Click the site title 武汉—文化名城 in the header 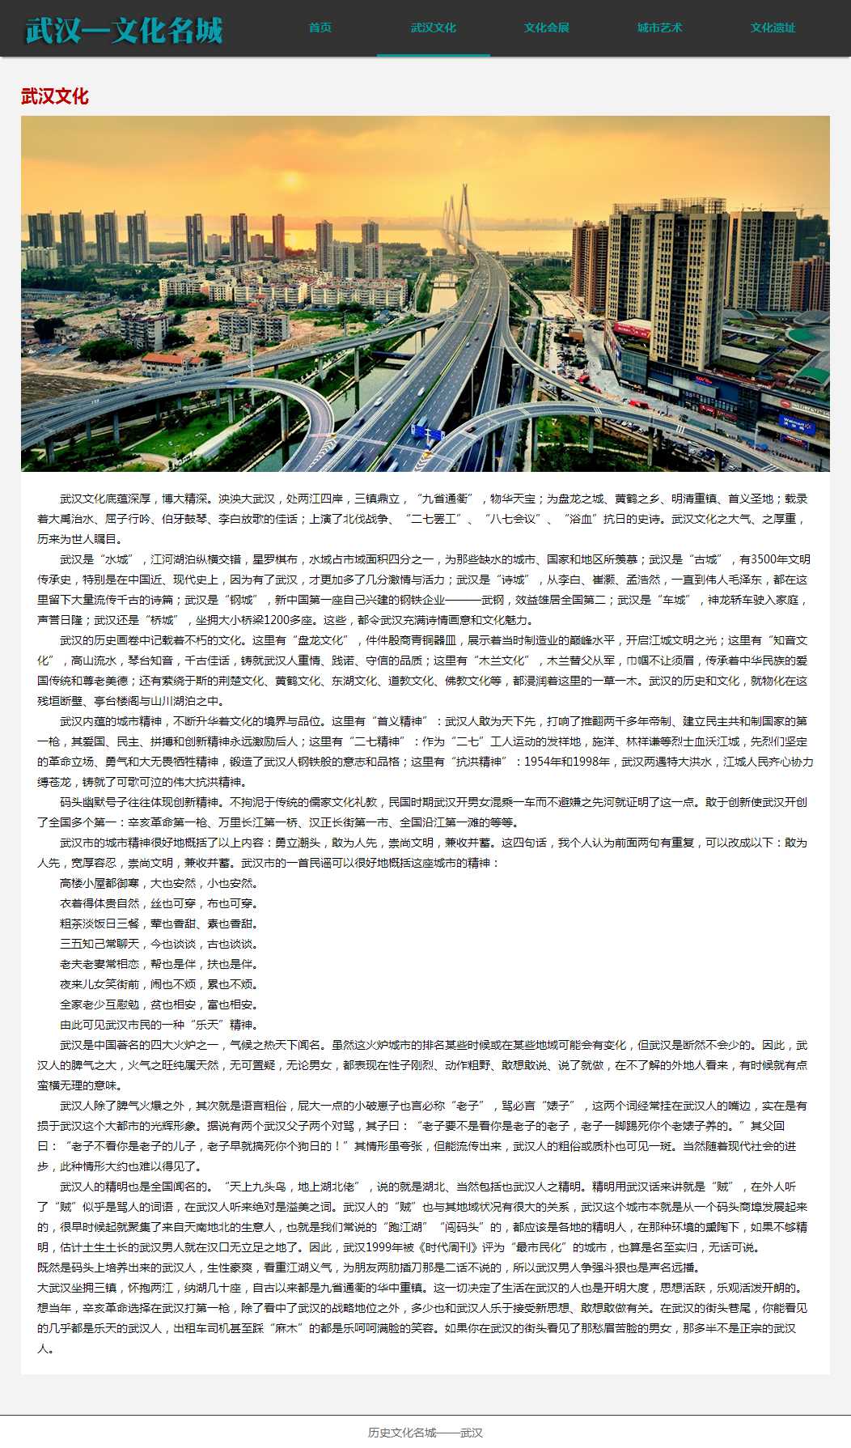pyautogui.click(x=124, y=30)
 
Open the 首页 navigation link pyautogui.click(x=320, y=28)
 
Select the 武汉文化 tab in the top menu pyautogui.click(x=434, y=28)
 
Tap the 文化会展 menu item pyautogui.click(x=547, y=28)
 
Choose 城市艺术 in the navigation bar pyautogui.click(x=660, y=28)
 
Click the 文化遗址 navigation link pyautogui.click(x=773, y=28)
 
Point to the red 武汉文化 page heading pyautogui.click(x=55, y=96)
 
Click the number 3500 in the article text pyautogui.click(x=764, y=559)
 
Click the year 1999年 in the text pyautogui.click(x=379, y=1247)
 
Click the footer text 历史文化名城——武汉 pyautogui.click(x=425, y=1433)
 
